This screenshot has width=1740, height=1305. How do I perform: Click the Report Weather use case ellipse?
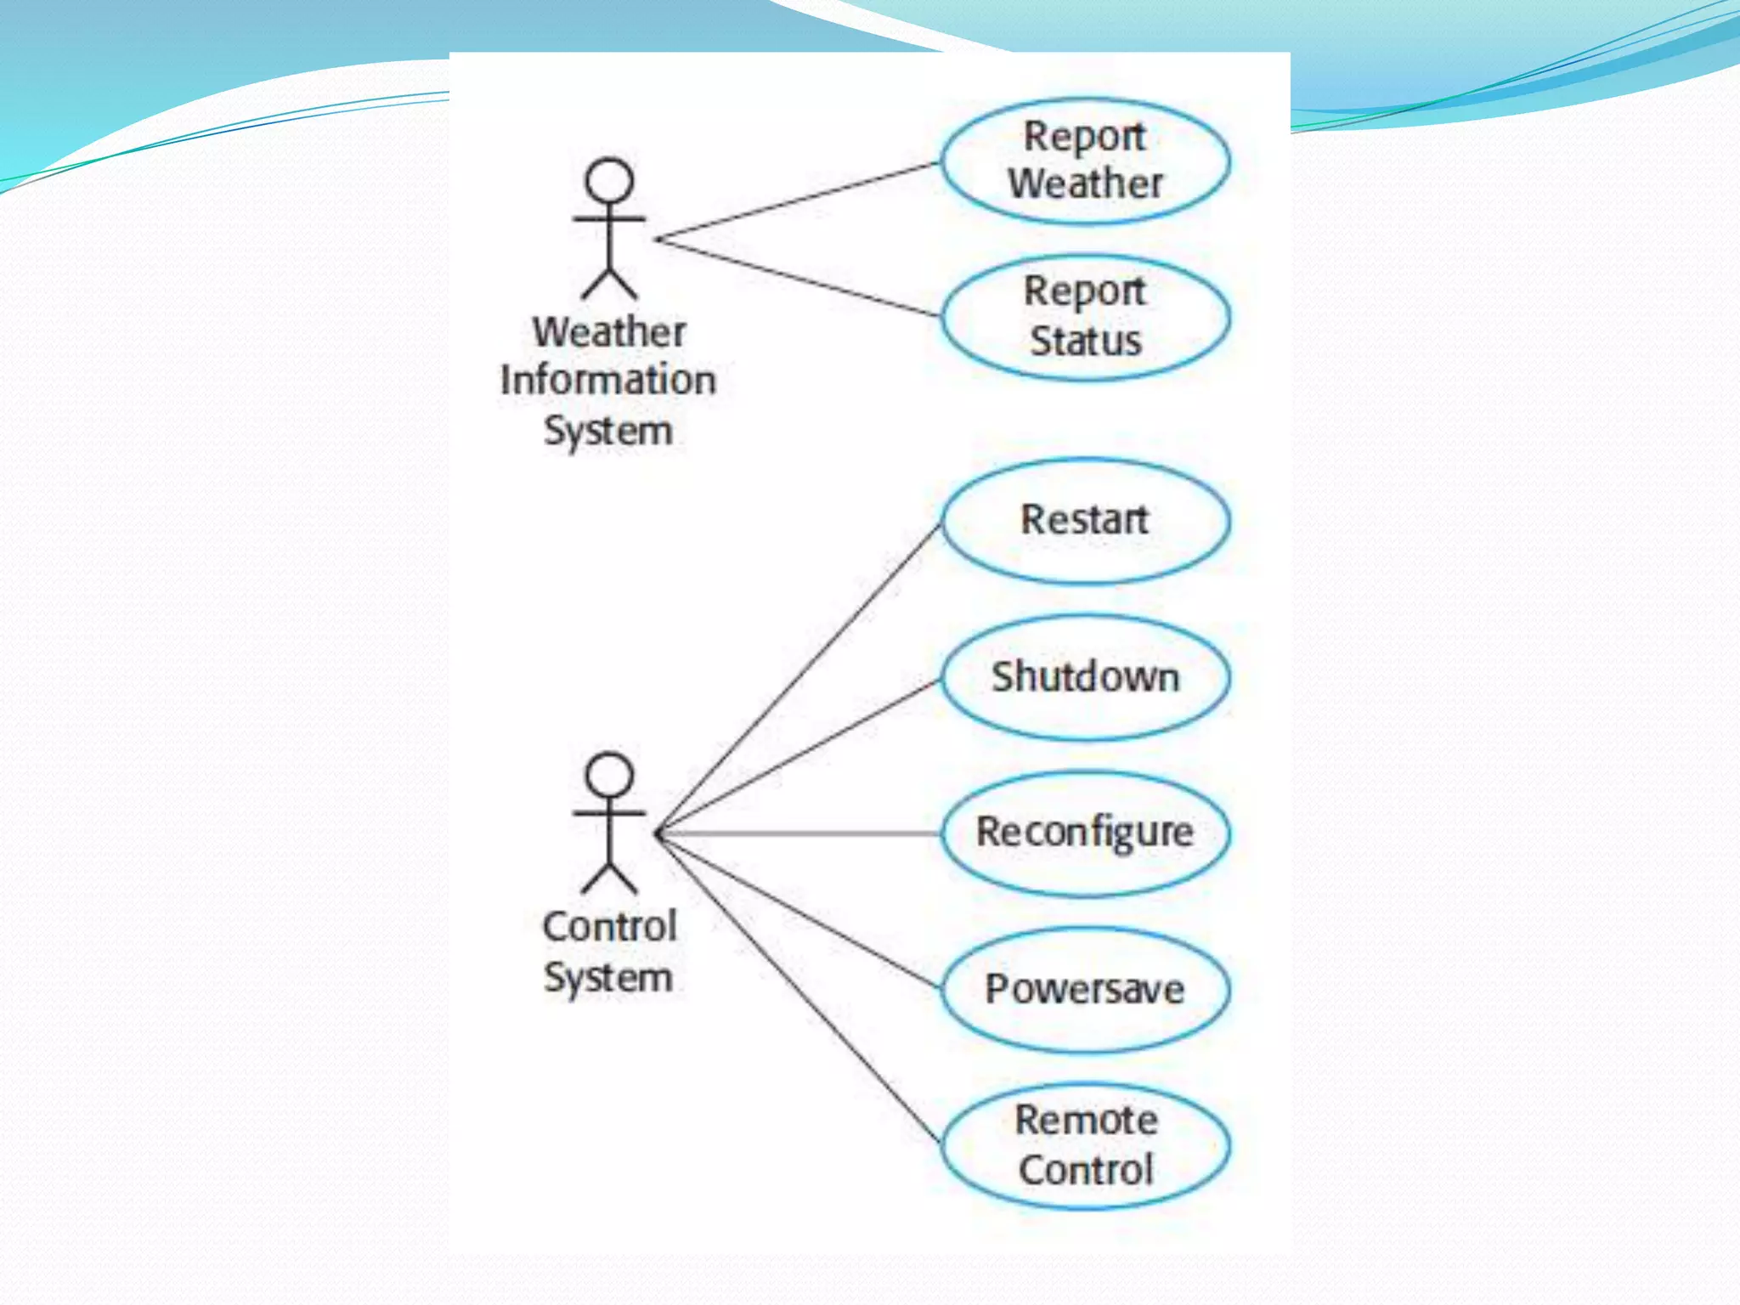tap(1085, 161)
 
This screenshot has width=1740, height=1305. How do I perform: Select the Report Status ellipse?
tap(1085, 317)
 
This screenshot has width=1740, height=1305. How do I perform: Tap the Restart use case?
tap(1085, 520)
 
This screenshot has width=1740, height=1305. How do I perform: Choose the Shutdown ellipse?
tap(1085, 677)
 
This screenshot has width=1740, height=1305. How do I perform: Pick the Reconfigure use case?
tap(1085, 833)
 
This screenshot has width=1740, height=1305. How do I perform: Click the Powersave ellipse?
tap(1085, 989)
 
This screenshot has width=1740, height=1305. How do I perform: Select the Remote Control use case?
tap(1085, 1144)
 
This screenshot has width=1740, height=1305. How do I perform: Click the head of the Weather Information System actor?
tap(609, 180)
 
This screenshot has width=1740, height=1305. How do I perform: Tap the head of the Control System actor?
tap(609, 775)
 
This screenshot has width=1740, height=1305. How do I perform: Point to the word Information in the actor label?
tap(608, 380)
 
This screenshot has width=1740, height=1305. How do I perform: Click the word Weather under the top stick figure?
tap(609, 332)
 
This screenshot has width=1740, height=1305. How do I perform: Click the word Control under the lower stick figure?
tap(609, 926)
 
